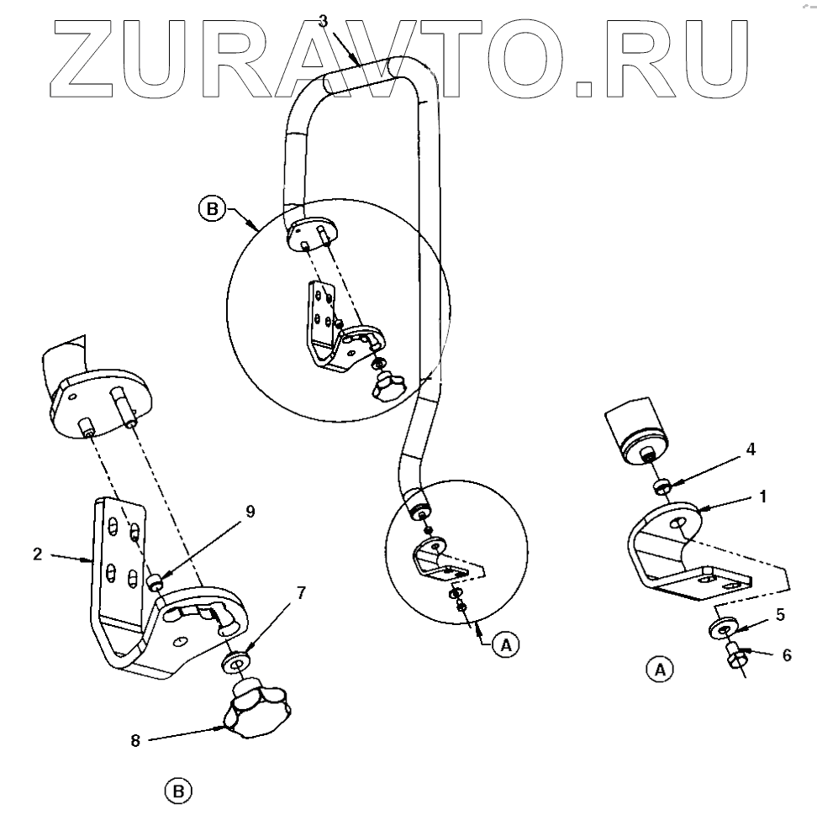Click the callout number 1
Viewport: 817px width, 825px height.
point(762,496)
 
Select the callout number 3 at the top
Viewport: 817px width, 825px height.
point(323,21)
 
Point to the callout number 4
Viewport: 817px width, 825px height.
point(751,449)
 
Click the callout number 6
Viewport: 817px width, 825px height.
point(786,654)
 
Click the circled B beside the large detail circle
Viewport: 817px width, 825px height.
point(210,207)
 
